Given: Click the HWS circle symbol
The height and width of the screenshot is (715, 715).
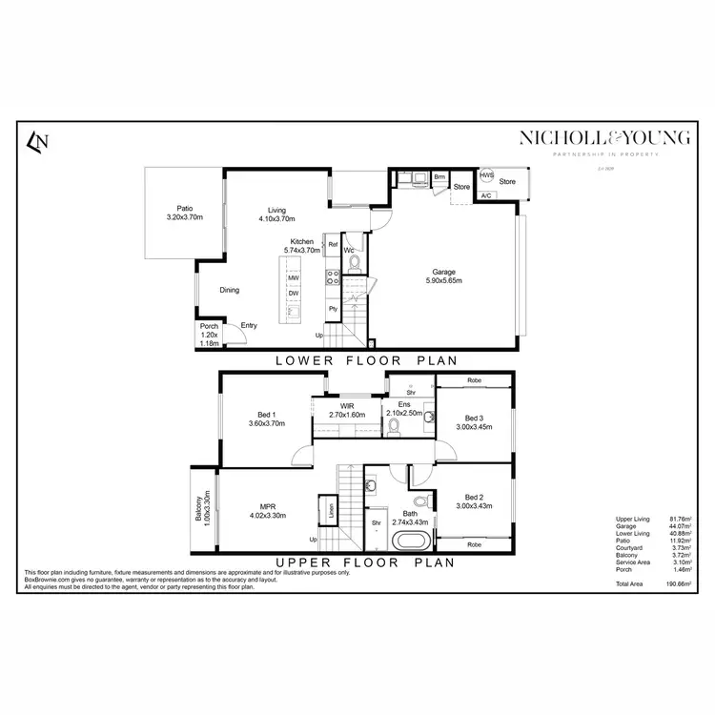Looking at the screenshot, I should tap(487, 176).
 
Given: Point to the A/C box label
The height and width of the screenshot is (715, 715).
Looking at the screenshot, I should tap(485, 195).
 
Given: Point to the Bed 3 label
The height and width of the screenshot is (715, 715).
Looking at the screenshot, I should tap(474, 422).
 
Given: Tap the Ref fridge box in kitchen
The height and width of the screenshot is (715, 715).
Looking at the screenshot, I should tap(333, 245).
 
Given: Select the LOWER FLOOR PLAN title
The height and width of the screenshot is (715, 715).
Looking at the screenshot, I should tap(366, 360).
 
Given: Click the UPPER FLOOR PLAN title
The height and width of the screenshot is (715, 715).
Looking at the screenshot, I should tap(366, 562).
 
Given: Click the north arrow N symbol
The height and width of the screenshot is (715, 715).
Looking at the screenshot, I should tap(38, 142).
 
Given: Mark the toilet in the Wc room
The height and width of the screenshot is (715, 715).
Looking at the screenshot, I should tap(354, 262).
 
